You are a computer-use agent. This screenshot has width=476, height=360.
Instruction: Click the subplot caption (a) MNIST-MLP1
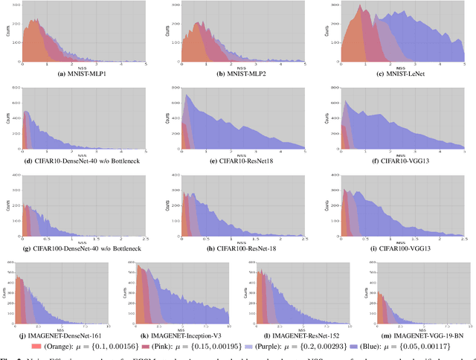(79, 74)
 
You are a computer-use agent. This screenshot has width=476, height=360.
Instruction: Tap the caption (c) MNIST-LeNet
(398, 74)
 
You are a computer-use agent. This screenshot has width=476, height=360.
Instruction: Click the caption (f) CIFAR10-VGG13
(398, 160)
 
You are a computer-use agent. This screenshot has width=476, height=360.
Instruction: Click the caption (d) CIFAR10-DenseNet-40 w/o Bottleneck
(79, 160)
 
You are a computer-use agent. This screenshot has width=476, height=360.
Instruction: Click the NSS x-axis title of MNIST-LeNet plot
(398, 68)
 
